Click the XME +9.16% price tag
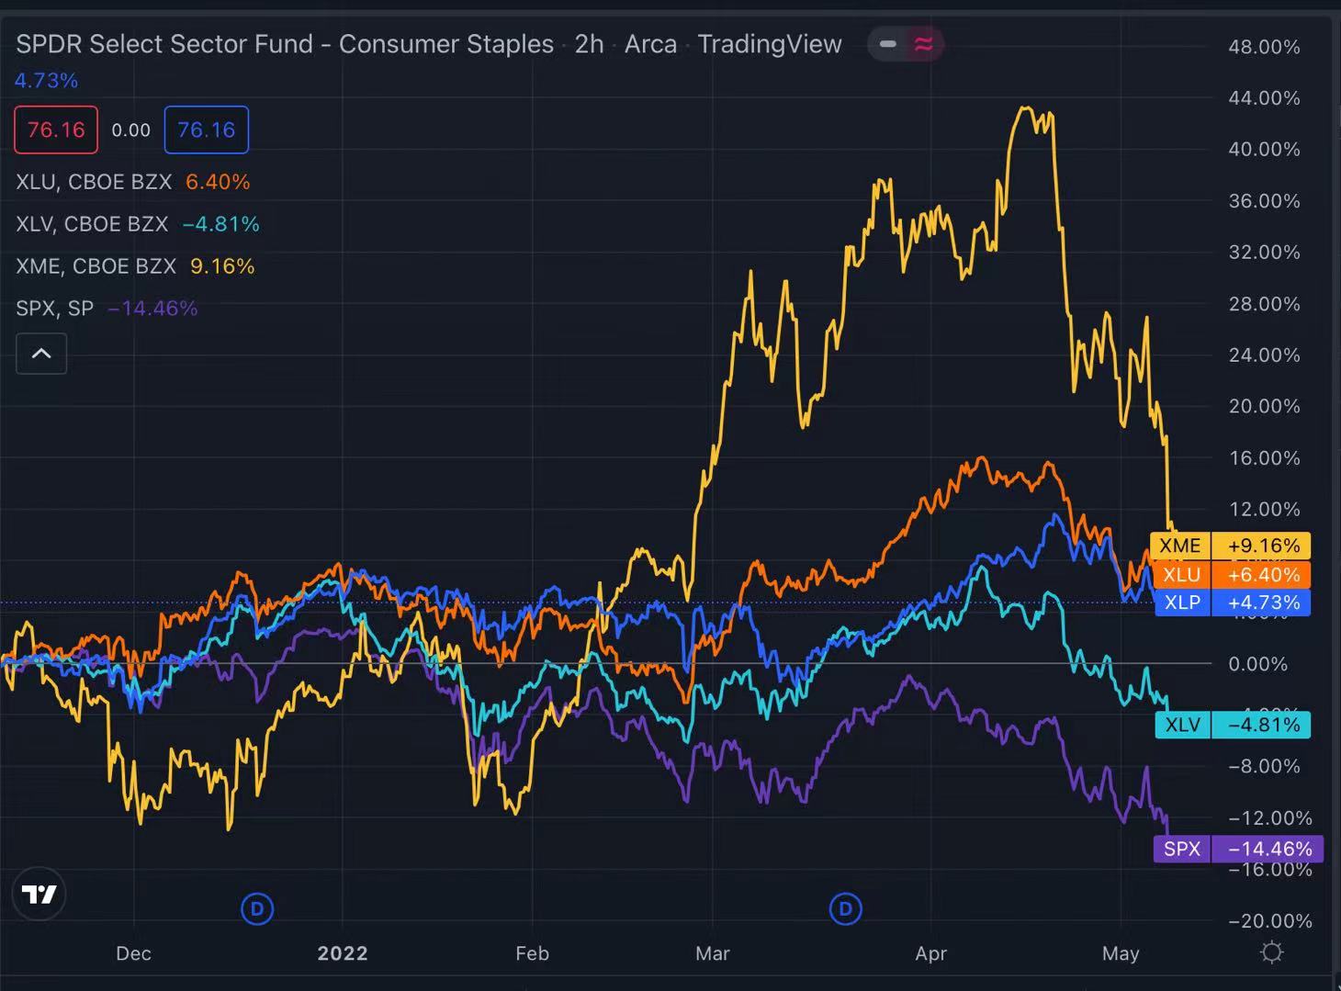click(1230, 546)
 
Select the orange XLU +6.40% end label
click(1230, 575)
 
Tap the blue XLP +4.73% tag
click(1232, 602)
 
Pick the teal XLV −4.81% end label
click(1232, 725)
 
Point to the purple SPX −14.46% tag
click(1237, 849)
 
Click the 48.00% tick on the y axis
click(1264, 47)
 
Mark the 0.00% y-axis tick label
click(1264, 663)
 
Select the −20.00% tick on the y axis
click(1264, 920)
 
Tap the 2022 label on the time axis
click(343, 953)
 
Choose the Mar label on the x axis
click(713, 953)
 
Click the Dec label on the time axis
click(133, 953)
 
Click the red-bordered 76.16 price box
click(56, 130)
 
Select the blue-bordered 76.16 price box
click(206, 130)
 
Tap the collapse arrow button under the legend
click(41, 354)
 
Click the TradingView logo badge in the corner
click(39, 894)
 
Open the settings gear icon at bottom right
click(1271, 952)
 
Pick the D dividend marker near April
click(845, 909)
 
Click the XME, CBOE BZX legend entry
click(96, 266)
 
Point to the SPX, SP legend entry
click(55, 309)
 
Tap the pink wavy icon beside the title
click(923, 44)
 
